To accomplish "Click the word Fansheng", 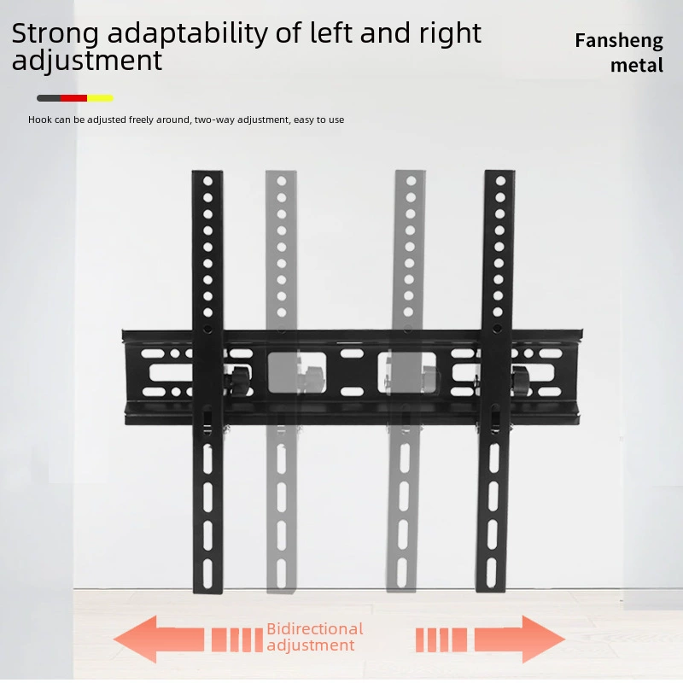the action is click(619, 41).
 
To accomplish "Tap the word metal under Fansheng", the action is click(636, 66).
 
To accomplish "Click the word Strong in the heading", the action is click(55, 34).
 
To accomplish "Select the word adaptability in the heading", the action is click(187, 34).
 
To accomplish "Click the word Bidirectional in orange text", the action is click(315, 628).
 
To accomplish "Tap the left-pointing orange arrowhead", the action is click(136, 639).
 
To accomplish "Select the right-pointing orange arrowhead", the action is click(543, 639).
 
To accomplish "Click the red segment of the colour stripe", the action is click(73, 98).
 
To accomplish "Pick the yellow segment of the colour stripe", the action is click(100, 98).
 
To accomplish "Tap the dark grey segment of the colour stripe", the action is click(49, 98).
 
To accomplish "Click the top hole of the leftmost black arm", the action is click(207, 181).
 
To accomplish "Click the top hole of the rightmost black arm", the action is click(500, 180).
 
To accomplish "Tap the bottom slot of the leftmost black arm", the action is click(207, 573).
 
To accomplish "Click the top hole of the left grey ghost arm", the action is click(282, 181).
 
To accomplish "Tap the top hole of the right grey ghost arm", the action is click(411, 180).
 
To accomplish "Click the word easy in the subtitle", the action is click(304, 120).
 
